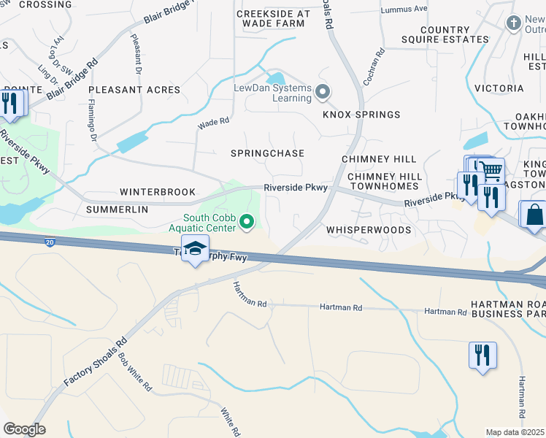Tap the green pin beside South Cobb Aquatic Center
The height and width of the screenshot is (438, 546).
pyautogui.click(x=247, y=220)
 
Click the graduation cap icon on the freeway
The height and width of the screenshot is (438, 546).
pyautogui.click(x=196, y=249)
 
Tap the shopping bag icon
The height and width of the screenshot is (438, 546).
pyautogui.click(x=534, y=215)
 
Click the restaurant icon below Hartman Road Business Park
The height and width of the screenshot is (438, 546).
pyautogui.click(x=482, y=356)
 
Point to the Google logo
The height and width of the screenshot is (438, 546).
pyautogui.click(x=24, y=429)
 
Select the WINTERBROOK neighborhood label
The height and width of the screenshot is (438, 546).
pyautogui.click(x=158, y=192)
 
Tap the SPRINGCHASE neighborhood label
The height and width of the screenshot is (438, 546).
pyautogui.click(x=267, y=153)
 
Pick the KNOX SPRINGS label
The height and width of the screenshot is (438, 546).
pyautogui.click(x=361, y=115)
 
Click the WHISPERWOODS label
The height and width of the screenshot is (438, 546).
pyautogui.click(x=369, y=230)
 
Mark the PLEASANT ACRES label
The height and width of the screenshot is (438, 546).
pyautogui.click(x=134, y=90)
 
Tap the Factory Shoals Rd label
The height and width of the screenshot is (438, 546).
pyautogui.click(x=96, y=362)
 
